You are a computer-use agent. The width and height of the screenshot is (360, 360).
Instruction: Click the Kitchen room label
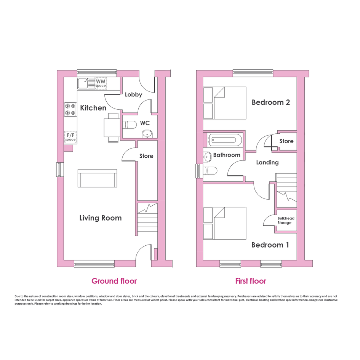[x=93, y=108]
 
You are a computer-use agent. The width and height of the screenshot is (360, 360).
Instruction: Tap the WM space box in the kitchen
[x=101, y=83]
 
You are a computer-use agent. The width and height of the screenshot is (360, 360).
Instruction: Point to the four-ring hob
[x=70, y=109]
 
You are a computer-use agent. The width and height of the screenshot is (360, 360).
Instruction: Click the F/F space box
[x=70, y=137]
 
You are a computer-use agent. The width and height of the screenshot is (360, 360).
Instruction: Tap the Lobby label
[x=133, y=94]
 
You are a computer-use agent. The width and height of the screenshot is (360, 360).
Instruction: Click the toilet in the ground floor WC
[x=130, y=125]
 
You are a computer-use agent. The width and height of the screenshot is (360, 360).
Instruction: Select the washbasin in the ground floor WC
[x=147, y=134]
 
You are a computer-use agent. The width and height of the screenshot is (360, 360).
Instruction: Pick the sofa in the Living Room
[x=98, y=178]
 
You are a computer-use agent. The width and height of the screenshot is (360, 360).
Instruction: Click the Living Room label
[x=101, y=218]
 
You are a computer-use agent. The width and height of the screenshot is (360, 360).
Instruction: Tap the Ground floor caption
[x=114, y=281]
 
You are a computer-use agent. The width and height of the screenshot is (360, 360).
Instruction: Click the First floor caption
[x=251, y=281]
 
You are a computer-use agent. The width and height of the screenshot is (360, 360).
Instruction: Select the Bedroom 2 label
[x=271, y=102]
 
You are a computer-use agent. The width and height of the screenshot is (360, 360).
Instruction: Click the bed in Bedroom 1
[x=225, y=223]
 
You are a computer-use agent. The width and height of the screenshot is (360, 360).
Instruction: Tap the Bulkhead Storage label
[x=286, y=221]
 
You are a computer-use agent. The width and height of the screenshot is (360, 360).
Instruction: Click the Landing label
[x=267, y=163]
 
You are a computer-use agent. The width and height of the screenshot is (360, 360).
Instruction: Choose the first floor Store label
[x=286, y=141]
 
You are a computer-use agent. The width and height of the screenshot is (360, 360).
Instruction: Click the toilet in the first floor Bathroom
[x=210, y=171]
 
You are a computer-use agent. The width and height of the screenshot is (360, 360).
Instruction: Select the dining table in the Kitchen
[x=112, y=128]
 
